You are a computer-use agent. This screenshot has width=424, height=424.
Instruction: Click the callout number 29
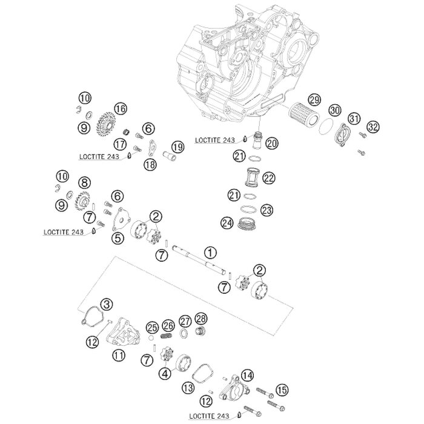coord(314,100)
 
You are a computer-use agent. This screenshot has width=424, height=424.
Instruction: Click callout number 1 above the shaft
coord(210,253)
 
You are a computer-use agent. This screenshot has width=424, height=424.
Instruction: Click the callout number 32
coord(373,127)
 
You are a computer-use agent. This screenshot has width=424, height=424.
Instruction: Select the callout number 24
coord(227,223)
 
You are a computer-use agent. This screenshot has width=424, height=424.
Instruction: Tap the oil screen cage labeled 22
coord(253,177)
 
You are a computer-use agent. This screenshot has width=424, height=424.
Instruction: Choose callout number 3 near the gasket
coord(107,305)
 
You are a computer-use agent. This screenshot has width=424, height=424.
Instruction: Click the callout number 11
coord(119,355)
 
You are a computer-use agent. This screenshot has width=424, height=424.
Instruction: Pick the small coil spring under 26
coord(167,336)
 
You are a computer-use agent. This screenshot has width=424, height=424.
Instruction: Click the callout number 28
coord(201,319)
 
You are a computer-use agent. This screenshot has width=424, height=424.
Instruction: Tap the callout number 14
coord(247,376)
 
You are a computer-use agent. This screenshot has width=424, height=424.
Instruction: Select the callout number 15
coord(282,390)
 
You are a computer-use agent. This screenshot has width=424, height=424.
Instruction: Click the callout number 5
coord(118,238)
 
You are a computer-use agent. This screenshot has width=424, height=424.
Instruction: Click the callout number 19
coord(177,147)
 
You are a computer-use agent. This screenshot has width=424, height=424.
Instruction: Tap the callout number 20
coord(271,143)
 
